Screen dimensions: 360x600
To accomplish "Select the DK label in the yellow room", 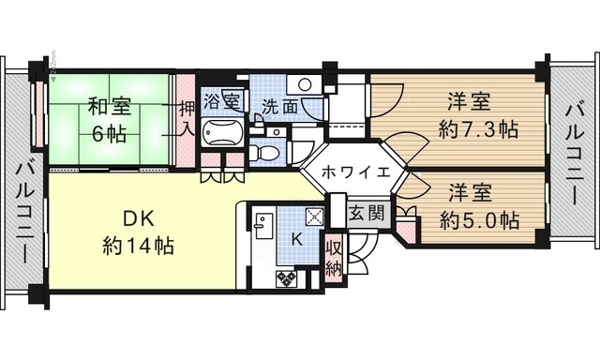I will click(138, 220).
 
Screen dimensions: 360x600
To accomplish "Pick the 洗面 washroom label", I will click(280, 106).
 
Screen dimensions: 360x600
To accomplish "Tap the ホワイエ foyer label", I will click(350, 172).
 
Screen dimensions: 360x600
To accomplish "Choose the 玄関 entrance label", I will click(367, 213).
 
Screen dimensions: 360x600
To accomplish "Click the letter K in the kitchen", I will click(296, 239).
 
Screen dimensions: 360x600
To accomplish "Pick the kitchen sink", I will click(263, 227).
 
